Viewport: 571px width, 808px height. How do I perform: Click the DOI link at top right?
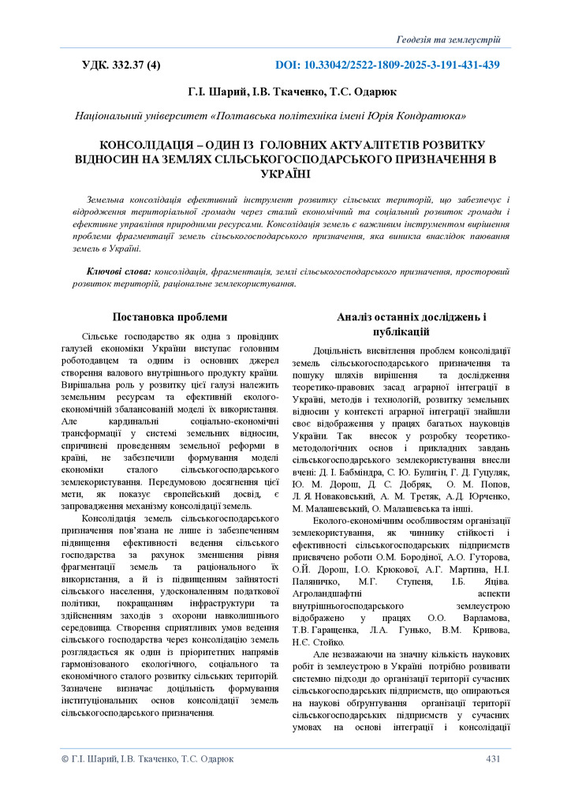387,65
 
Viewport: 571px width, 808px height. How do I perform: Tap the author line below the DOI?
292,92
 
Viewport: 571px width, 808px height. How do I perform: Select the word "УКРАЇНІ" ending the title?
284,174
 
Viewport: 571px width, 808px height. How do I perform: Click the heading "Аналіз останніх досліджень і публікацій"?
411,324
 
